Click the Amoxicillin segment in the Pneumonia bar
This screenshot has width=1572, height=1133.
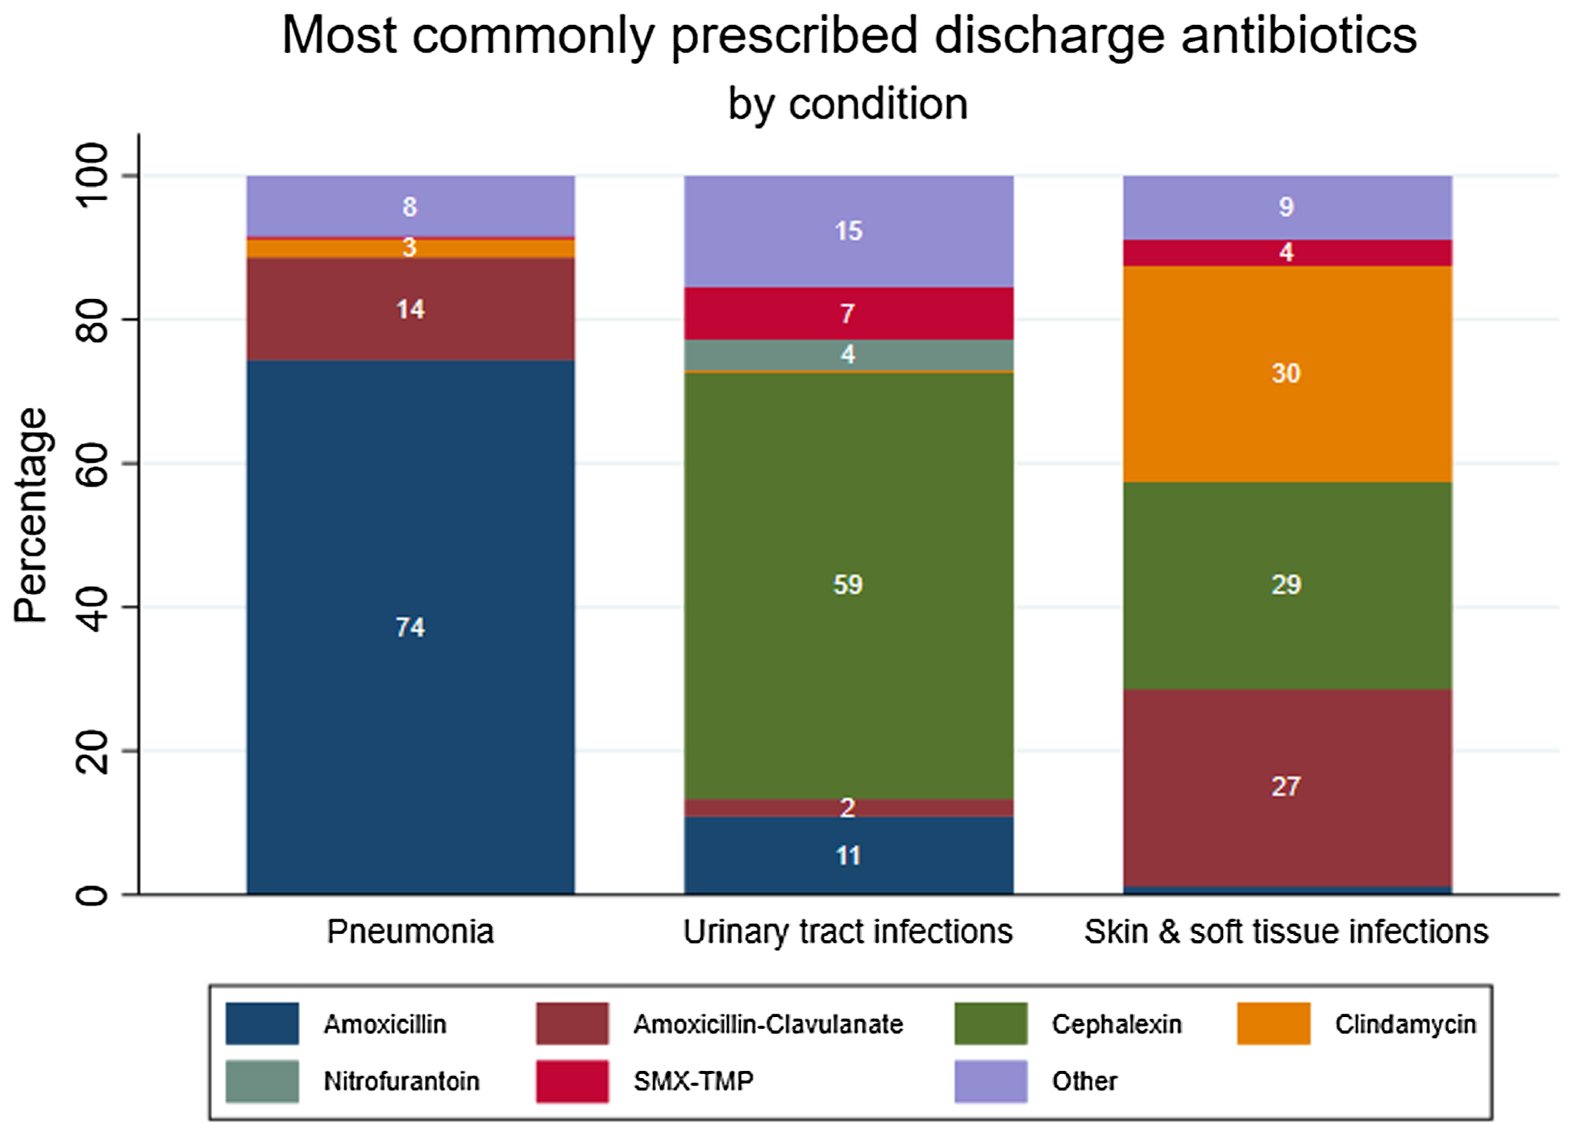[410, 627]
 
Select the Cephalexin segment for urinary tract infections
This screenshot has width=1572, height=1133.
[849, 585]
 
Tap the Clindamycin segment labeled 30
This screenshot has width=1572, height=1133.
[1287, 374]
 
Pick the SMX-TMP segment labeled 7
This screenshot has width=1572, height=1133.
[849, 314]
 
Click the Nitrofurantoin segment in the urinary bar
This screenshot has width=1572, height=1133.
[849, 356]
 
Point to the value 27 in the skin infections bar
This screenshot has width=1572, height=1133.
[1286, 786]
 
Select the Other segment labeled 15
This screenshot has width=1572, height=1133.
[849, 231]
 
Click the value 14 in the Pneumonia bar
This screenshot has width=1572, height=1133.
[410, 309]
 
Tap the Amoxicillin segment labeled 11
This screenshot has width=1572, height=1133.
[849, 856]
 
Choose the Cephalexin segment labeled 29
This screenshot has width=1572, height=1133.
[1287, 585]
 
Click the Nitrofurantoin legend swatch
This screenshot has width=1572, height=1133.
[262, 1081]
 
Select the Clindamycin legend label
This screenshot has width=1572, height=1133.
[1405, 1024]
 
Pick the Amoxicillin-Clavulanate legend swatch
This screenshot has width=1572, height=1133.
[572, 1023]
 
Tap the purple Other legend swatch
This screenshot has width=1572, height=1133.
[991, 1081]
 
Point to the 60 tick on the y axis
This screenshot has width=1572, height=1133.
[94, 463]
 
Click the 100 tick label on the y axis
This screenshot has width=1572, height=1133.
[94, 175]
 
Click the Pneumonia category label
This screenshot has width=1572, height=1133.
[410, 931]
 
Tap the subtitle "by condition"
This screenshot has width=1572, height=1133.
[848, 104]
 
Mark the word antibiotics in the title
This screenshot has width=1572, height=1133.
[1300, 35]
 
